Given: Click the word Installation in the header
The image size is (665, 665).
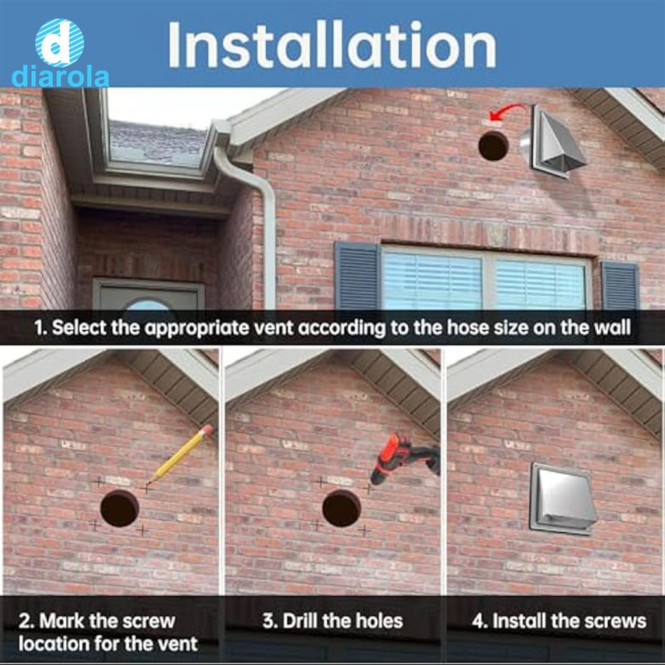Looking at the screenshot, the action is click(332, 45).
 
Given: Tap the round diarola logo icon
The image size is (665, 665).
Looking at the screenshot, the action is click(59, 42).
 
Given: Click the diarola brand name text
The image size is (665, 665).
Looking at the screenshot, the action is click(60, 78).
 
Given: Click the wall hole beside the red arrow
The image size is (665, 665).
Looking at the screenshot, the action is click(494, 145).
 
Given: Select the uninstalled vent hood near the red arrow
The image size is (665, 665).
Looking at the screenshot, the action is click(553, 140).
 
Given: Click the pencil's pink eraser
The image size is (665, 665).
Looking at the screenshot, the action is click(207, 430).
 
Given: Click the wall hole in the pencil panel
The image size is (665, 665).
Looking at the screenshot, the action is click(119, 508).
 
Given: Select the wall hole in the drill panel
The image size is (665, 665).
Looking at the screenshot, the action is click(342, 508).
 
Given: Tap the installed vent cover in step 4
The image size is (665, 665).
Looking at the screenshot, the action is click(562, 498).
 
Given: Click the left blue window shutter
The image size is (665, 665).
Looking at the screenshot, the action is click(357, 275).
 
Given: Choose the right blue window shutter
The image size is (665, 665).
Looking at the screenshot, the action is click(620, 285).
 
